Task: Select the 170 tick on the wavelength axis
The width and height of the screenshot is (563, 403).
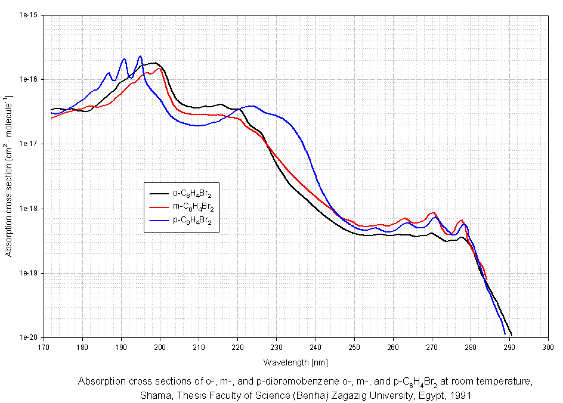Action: (44, 346)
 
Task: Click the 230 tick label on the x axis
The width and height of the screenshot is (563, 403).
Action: (276, 346)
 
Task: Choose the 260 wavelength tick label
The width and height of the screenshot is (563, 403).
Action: (392, 346)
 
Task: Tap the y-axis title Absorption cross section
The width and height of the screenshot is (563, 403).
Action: (9, 175)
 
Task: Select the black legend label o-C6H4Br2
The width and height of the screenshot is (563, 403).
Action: (193, 193)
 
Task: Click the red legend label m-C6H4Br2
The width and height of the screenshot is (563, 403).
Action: (193, 207)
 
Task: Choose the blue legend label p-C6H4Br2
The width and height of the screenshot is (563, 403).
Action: (193, 221)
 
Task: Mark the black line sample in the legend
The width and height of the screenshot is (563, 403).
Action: (160, 193)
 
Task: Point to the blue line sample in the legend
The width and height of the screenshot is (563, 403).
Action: (160, 221)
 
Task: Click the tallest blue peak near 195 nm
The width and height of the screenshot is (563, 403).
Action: (140, 56)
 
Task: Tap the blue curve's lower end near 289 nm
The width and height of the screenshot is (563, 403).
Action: (505, 333)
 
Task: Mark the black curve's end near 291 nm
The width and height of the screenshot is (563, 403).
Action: (512, 335)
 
